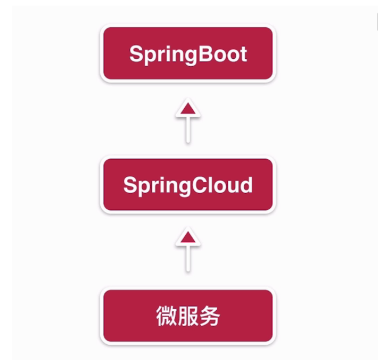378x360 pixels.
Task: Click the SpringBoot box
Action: pos(188,54)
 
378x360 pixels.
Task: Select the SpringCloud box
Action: pos(188,185)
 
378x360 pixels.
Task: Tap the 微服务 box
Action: pos(188,316)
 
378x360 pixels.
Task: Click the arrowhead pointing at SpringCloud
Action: pos(188,238)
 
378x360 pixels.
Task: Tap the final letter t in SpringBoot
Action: pos(242,54)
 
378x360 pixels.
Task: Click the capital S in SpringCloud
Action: pos(130,185)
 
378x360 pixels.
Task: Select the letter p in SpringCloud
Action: pos(143,187)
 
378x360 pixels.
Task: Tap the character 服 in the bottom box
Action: pos(188,316)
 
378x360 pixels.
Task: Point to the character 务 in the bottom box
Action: pos(209,316)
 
